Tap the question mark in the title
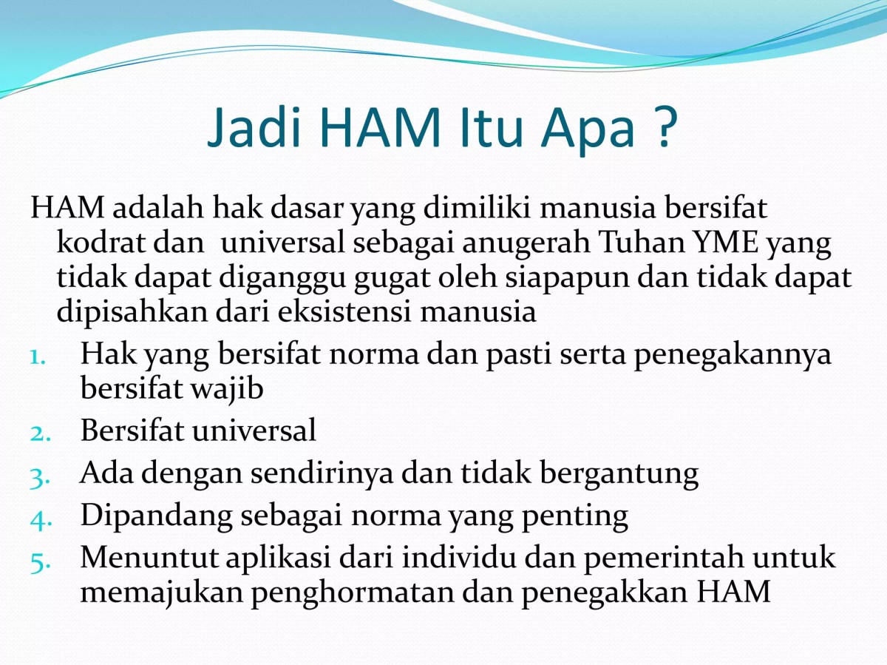pos(664,128)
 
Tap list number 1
pos(39,357)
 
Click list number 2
pos(39,433)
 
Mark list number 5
pos(39,561)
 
